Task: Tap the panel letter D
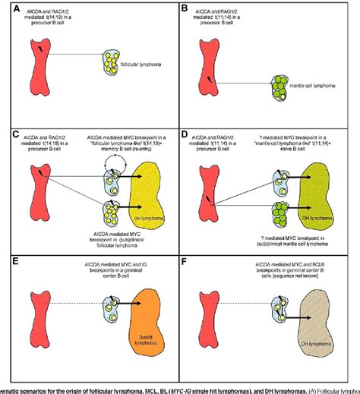point(185,134)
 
